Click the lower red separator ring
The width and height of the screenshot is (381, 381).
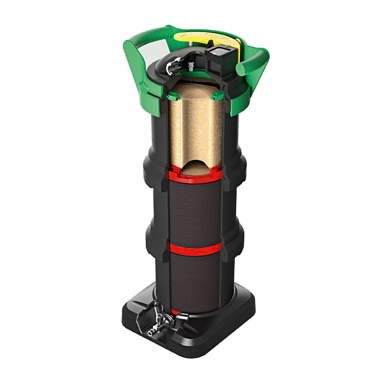pos(196,248)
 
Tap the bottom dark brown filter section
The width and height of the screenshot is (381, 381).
pos(196,279)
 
